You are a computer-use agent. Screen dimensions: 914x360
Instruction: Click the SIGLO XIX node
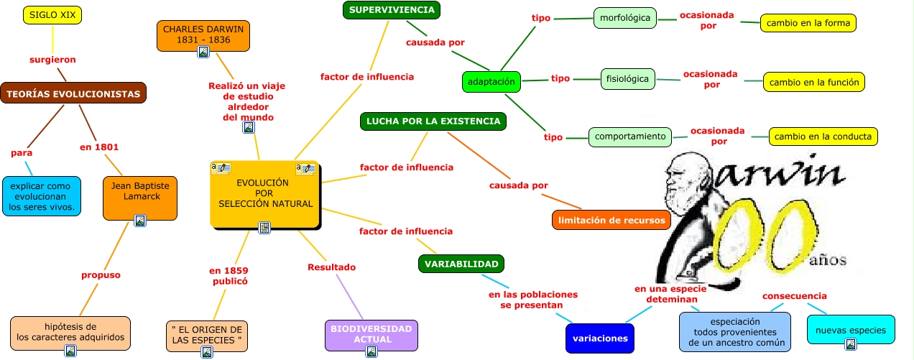point(52,14)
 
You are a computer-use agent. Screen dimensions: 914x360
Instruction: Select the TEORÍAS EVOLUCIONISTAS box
point(73,93)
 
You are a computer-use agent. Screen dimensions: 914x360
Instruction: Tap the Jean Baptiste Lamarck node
point(139,191)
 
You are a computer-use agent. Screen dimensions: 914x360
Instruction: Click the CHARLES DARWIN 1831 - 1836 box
point(203,34)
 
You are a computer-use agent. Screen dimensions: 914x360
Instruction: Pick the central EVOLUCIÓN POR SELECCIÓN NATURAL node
point(265,193)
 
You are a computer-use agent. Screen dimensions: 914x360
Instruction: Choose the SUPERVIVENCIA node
point(391,9)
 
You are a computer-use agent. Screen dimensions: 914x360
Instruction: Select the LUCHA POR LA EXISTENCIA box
point(433,121)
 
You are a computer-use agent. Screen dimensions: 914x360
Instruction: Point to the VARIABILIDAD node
point(461,264)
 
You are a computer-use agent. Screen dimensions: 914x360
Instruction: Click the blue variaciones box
point(600,338)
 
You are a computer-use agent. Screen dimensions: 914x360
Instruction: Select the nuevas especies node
point(850,331)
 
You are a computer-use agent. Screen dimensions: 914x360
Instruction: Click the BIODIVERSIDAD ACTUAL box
point(371,333)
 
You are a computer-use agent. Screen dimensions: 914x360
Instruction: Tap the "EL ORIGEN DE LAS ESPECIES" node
point(206,334)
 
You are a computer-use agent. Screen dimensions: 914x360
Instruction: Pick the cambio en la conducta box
point(823,136)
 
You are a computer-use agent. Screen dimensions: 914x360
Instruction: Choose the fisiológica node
point(627,79)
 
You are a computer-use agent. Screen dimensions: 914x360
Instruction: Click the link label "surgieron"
point(52,60)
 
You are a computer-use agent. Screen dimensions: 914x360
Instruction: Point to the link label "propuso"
point(101,274)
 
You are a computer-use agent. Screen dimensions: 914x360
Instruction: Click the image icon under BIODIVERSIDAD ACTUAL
point(371,351)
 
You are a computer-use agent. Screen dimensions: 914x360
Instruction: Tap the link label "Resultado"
point(331,267)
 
